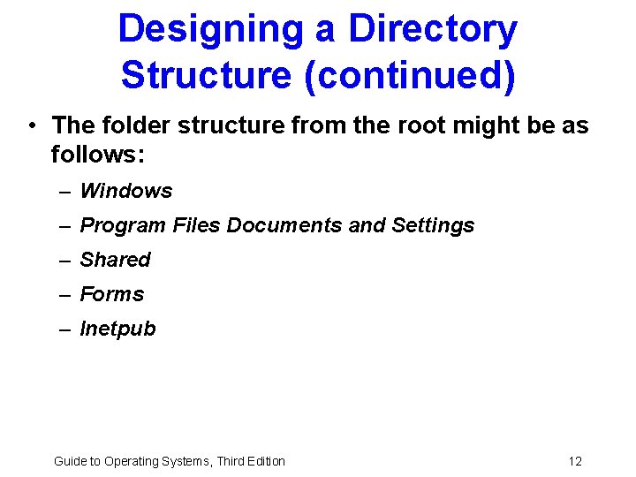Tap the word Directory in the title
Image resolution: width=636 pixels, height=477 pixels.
(432, 29)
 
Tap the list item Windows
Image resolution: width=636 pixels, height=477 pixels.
(126, 191)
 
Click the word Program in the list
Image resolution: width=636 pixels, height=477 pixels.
(123, 225)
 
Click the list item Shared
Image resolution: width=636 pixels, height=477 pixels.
(116, 260)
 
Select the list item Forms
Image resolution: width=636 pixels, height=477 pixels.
(112, 294)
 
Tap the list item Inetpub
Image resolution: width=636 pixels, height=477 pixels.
(117, 329)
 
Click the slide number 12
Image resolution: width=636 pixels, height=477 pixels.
(575, 461)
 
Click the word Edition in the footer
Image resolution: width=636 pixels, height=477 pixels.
(262, 461)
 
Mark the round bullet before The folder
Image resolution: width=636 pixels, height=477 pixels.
(32, 125)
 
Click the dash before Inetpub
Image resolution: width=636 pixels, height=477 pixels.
(65, 329)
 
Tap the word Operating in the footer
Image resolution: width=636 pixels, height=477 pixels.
(132, 461)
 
